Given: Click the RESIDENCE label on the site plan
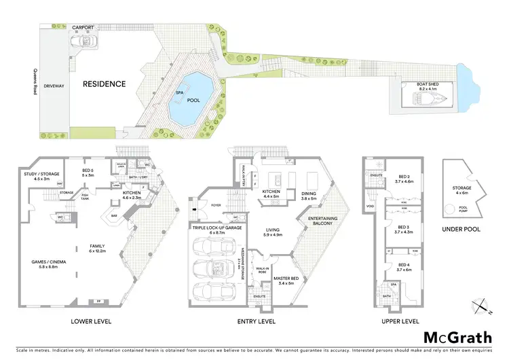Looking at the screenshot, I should coord(105,84).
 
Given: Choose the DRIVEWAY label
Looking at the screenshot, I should coord(53,86).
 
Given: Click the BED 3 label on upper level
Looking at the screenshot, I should coord(404,228).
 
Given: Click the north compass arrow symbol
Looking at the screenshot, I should coord(483,306).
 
